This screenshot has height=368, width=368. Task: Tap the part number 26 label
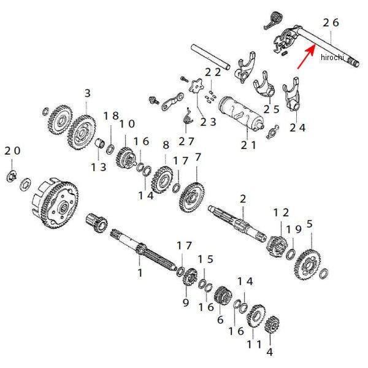(x=331, y=22)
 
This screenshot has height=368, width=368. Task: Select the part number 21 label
(x=248, y=145)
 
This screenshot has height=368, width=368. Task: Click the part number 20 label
(x=12, y=151)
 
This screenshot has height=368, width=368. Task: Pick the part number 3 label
(x=87, y=93)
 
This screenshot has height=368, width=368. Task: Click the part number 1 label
(x=139, y=271)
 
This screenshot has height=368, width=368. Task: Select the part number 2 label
(x=243, y=199)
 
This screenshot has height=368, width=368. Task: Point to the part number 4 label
(x=269, y=353)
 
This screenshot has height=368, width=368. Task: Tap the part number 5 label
(x=310, y=224)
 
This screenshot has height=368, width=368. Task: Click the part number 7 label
(x=197, y=158)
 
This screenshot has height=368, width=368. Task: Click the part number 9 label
(x=186, y=302)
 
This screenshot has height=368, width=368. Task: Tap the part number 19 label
(x=295, y=229)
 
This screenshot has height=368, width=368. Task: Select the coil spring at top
(x=267, y=21)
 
